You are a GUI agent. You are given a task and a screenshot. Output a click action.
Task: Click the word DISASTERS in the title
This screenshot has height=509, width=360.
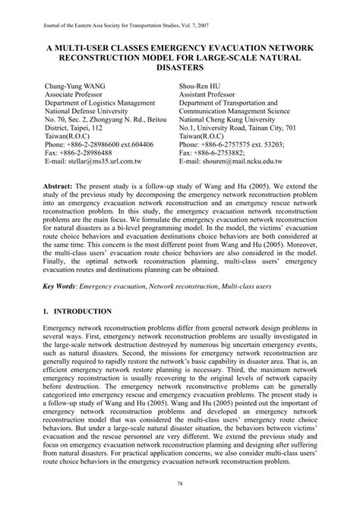pyautogui.click(x=179, y=69)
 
